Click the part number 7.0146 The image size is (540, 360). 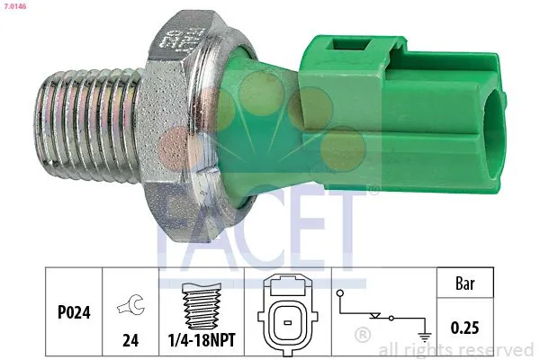13,6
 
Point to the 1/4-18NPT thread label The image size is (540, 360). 202,343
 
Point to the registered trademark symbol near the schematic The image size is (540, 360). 363,335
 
